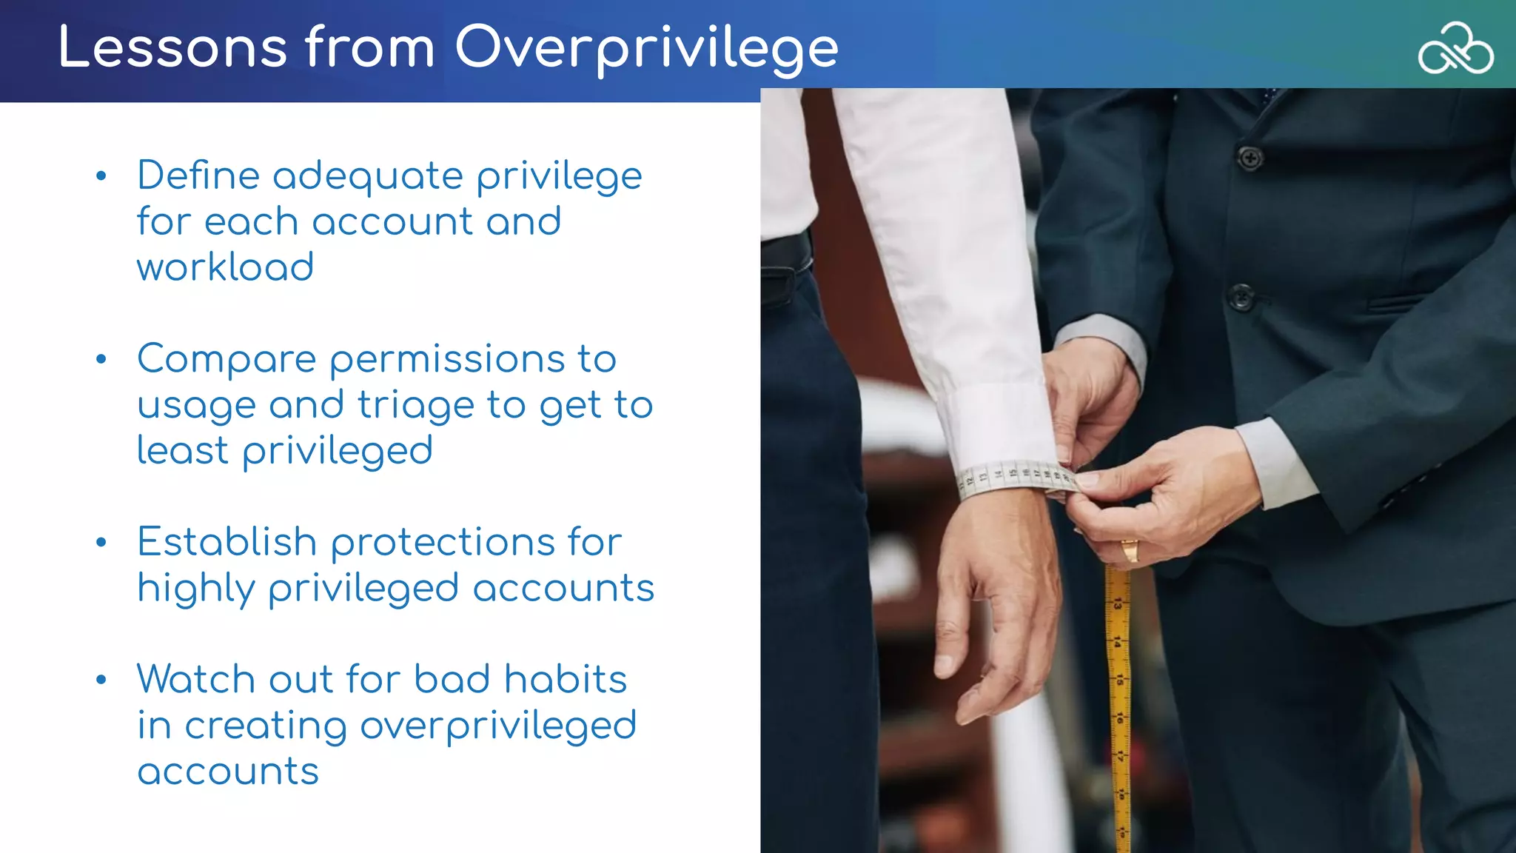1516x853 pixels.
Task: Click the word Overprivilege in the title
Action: tap(645, 48)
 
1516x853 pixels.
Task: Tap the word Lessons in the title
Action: tap(172, 48)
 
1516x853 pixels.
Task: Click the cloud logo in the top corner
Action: tap(1455, 49)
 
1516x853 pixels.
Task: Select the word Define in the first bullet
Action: tap(198, 176)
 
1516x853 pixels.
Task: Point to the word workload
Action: tap(225, 267)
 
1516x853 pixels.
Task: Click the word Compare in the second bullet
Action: tap(227, 360)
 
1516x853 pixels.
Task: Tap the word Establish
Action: tap(227, 542)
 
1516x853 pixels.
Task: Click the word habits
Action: tap(565, 679)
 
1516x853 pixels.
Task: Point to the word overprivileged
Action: tap(497, 726)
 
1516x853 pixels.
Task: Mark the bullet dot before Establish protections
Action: tap(101, 543)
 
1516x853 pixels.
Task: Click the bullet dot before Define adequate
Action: tap(101, 176)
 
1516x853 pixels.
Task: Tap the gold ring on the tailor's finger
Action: tap(1130, 550)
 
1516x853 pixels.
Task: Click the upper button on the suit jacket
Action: tap(1250, 158)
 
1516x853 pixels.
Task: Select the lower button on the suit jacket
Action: tap(1241, 298)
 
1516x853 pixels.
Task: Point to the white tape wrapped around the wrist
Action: tap(1014, 478)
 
